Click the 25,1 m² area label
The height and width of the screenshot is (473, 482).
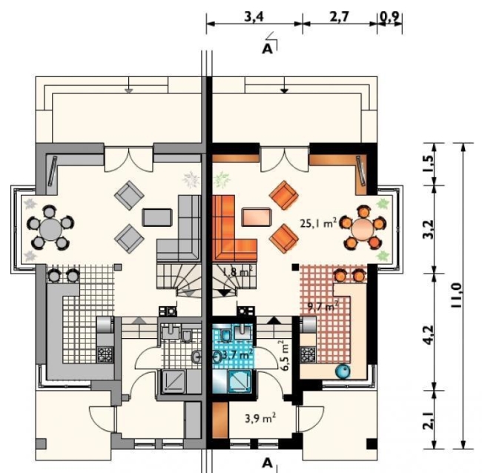[x=318, y=223]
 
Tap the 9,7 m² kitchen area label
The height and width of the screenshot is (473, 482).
[x=323, y=306]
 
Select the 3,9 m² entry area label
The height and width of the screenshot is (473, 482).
[x=260, y=418]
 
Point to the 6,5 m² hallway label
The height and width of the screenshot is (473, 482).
[x=284, y=355]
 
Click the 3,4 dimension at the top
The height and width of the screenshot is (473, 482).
[x=254, y=17]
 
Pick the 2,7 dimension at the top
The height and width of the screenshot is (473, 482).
[x=340, y=17]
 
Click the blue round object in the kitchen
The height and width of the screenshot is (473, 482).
[x=343, y=371]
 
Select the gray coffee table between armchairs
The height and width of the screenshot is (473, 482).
[x=156, y=217]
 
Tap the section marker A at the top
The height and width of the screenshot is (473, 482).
[x=268, y=49]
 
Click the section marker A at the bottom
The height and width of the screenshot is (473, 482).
[x=268, y=463]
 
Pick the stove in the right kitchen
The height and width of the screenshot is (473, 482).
[x=308, y=354]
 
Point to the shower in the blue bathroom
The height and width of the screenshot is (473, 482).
[x=240, y=382]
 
